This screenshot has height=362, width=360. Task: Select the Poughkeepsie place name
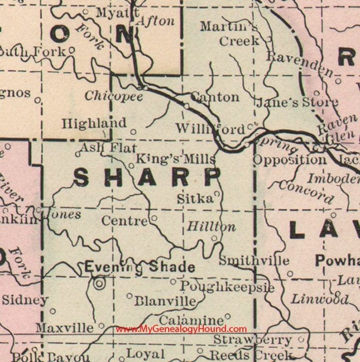point(227,287)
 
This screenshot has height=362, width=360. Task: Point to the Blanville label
point(166,301)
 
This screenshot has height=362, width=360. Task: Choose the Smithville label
point(254,261)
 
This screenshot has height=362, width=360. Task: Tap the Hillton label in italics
point(211,227)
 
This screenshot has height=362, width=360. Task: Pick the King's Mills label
point(175,159)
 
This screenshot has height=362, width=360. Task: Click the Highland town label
point(94,123)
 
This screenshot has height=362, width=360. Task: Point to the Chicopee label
point(114,97)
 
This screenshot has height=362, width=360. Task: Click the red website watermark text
point(182,329)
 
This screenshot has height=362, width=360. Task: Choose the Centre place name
point(124,220)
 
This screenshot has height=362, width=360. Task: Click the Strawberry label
point(253,340)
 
